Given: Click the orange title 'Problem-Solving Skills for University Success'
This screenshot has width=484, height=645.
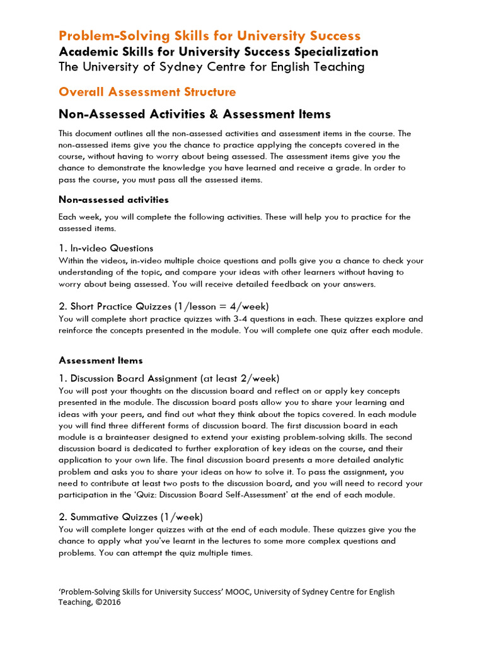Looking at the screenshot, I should (209, 35).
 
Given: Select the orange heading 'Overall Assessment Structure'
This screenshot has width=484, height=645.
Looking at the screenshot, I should (147, 92).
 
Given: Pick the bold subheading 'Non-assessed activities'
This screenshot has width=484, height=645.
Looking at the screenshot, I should (113, 200).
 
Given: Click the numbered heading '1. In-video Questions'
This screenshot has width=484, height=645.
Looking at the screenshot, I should (106, 248).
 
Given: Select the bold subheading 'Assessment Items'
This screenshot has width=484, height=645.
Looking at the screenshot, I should (101, 360).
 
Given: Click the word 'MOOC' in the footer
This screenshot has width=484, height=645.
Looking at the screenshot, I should (253, 591).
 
